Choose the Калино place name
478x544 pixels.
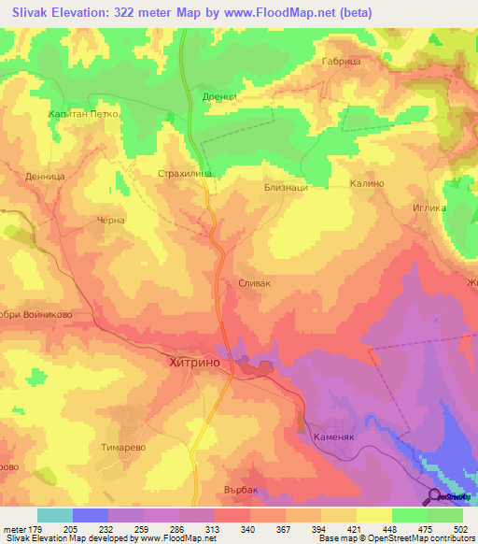[367, 184]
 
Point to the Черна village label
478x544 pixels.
[111, 221]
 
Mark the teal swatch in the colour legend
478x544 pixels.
[55, 515]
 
